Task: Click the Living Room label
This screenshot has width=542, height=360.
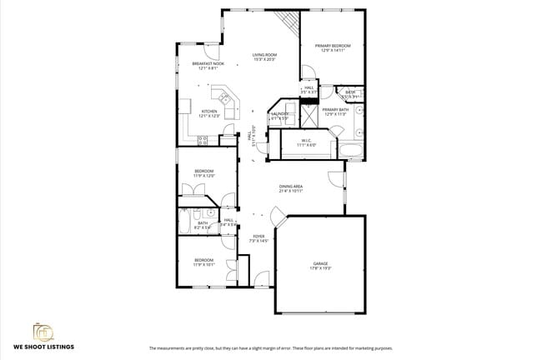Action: [x=264, y=55]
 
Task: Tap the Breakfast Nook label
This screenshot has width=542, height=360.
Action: [x=208, y=63]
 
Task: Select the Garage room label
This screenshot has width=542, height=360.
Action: [x=321, y=263]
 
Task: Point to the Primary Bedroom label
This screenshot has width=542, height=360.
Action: [x=333, y=45]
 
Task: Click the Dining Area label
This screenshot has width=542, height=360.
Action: [x=290, y=187]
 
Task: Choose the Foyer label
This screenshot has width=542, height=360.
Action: [x=259, y=237]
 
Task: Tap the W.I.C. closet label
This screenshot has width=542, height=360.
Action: [x=306, y=140]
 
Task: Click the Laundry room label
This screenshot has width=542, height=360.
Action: [x=279, y=114]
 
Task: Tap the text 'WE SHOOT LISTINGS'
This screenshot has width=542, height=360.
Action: [x=43, y=346]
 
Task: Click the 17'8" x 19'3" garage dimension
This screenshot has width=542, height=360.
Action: [x=321, y=268]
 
